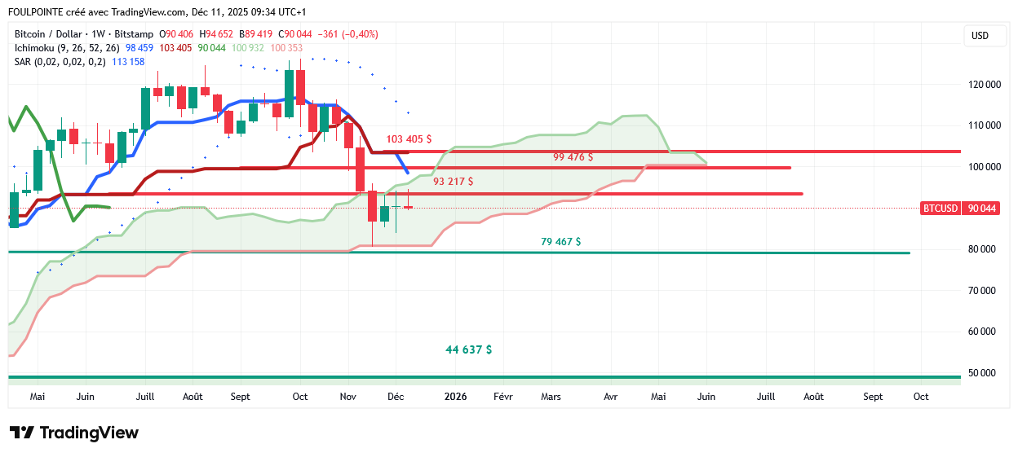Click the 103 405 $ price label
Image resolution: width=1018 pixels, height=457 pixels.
(x=409, y=139)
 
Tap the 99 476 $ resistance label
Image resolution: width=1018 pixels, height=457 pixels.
(x=573, y=156)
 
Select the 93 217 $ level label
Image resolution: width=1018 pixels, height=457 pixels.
(x=453, y=181)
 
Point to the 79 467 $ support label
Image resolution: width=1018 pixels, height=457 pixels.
(x=560, y=241)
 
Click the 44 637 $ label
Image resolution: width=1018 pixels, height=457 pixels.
(x=468, y=349)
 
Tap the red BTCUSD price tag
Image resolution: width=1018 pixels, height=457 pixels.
(x=940, y=209)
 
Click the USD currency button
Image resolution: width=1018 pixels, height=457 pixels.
(x=979, y=36)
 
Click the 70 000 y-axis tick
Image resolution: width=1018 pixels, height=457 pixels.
(x=985, y=290)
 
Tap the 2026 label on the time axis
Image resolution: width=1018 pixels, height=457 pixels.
(x=454, y=397)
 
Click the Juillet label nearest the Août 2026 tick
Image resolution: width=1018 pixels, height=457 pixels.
(x=765, y=397)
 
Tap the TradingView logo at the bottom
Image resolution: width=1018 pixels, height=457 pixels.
(x=73, y=433)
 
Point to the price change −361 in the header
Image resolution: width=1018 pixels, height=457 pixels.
(x=329, y=34)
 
